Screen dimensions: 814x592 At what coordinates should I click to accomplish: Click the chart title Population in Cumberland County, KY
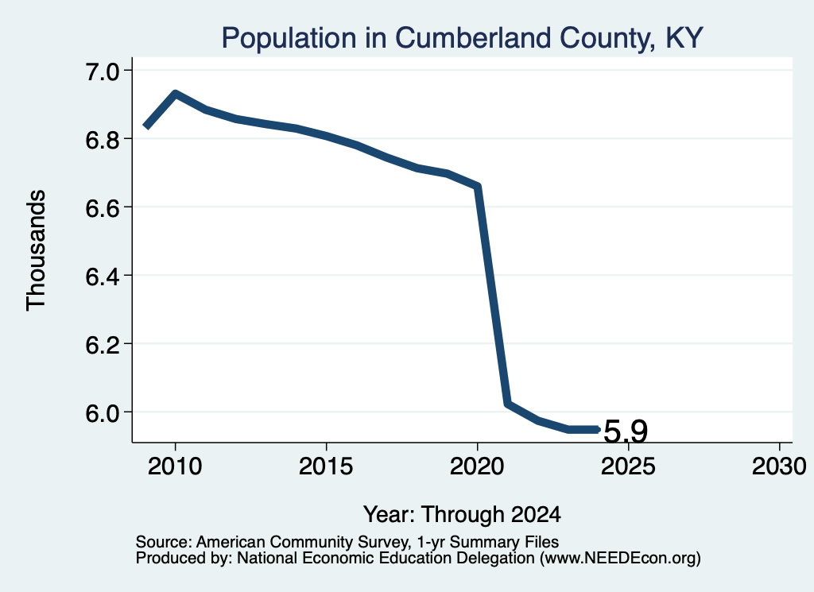pyautogui.click(x=462, y=38)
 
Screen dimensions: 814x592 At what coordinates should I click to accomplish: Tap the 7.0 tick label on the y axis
pyautogui.click(x=103, y=71)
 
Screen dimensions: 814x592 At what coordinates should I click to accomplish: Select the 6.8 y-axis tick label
pyautogui.click(x=103, y=140)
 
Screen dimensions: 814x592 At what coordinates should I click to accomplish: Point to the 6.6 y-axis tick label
pyautogui.click(x=103, y=207)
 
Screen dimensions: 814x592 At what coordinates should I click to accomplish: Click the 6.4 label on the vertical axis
pyautogui.click(x=103, y=276)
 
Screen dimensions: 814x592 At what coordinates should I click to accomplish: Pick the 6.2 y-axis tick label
pyautogui.click(x=103, y=344)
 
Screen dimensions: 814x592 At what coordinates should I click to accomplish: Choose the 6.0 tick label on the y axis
pyautogui.click(x=103, y=413)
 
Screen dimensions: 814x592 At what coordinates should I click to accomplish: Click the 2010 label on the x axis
pyautogui.click(x=175, y=466)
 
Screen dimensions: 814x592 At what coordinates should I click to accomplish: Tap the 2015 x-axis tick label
pyautogui.click(x=326, y=466)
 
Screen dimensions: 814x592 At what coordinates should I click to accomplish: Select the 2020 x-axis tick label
pyautogui.click(x=477, y=466)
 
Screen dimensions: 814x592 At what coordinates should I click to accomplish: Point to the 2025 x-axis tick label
pyautogui.click(x=628, y=466)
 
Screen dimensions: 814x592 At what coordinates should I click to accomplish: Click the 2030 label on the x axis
pyautogui.click(x=779, y=466)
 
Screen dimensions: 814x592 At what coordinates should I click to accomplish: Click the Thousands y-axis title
pyautogui.click(x=36, y=250)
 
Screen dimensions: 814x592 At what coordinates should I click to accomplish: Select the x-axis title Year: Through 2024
pyautogui.click(x=462, y=515)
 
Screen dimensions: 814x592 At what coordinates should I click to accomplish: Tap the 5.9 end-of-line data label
pyautogui.click(x=626, y=431)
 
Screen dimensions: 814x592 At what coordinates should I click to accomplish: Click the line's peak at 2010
pyautogui.click(x=176, y=94)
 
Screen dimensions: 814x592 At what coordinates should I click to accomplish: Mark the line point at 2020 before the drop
pyautogui.click(x=478, y=186)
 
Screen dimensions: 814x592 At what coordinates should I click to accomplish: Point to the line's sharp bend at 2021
pyautogui.click(x=508, y=403)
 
